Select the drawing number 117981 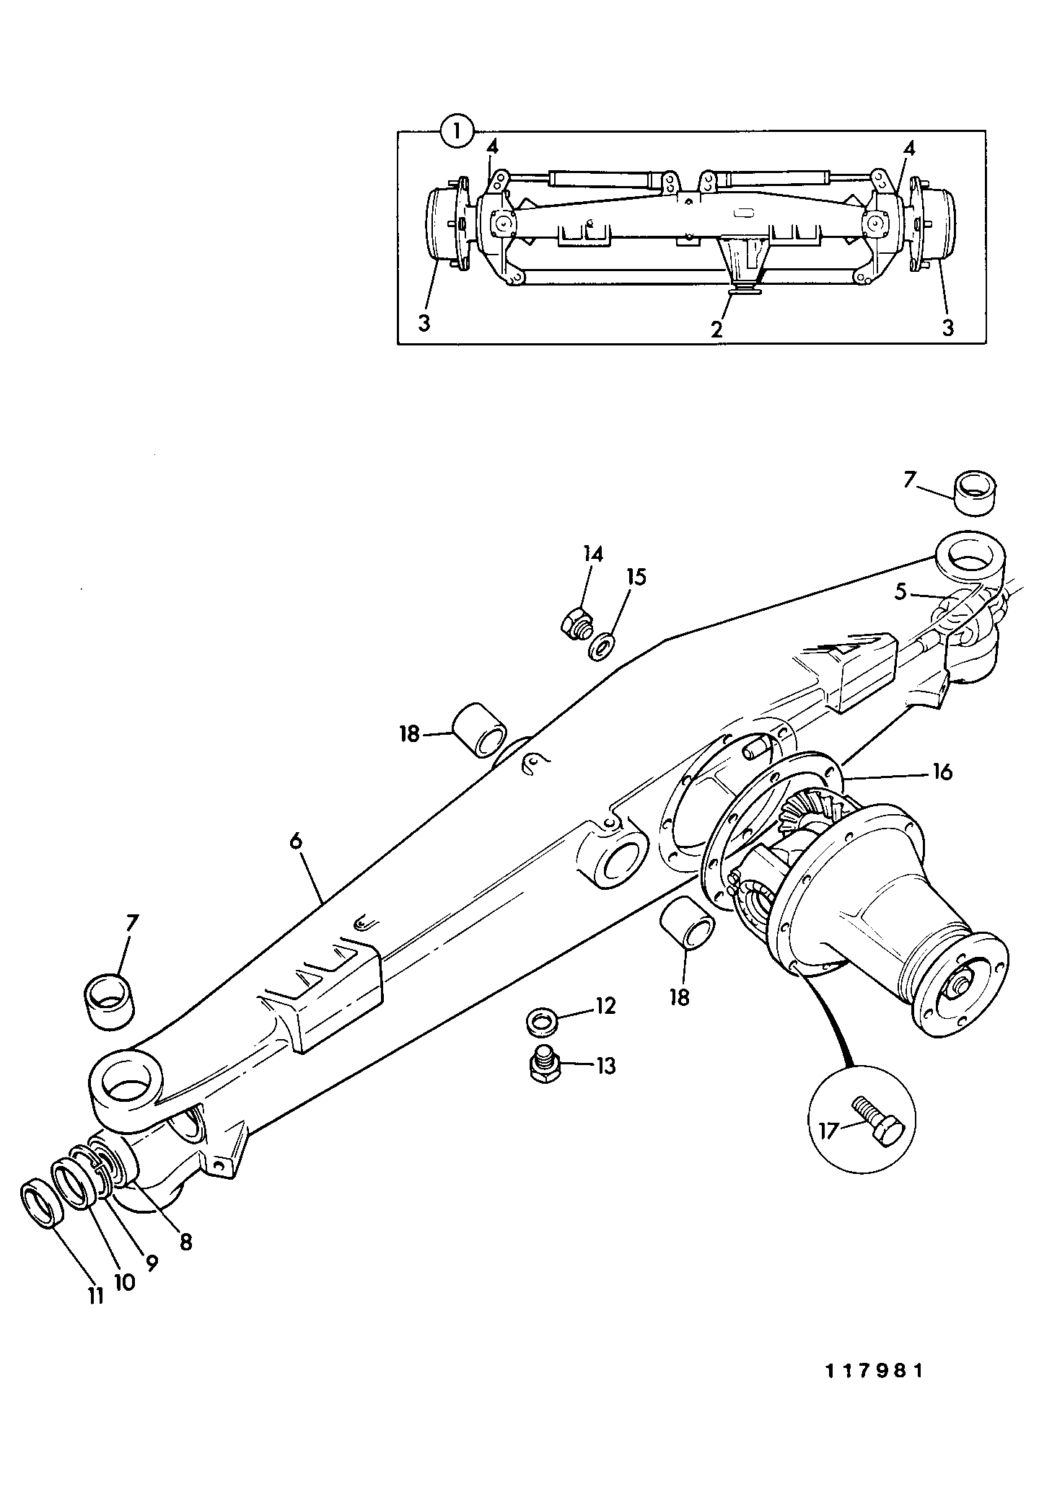(874, 1370)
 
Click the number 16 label (941, 772)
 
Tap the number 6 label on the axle (297, 842)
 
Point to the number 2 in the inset (716, 330)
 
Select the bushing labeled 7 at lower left (109, 998)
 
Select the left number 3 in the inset (424, 324)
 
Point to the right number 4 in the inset (909, 149)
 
